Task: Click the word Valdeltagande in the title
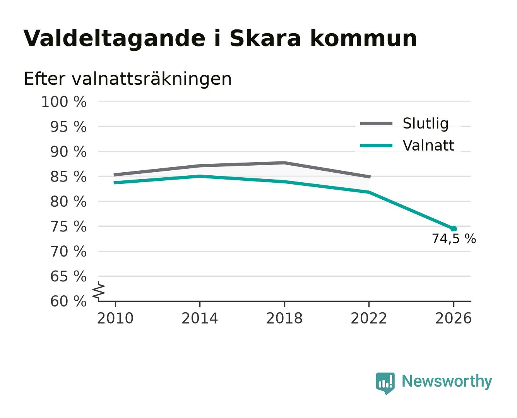click(114, 39)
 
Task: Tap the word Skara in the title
click(265, 38)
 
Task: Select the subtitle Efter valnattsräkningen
click(128, 79)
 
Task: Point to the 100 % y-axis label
click(64, 102)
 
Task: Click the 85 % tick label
click(68, 176)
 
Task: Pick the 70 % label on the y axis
click(68, 251)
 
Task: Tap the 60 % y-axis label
click(68, 301)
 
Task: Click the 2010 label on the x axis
click(115, 318)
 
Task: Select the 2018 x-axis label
click(284, 318)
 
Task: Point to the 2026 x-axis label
click(453, 318)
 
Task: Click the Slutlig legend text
click(426, 123)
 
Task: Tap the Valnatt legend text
click(428, 146)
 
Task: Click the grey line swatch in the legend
click(376, 123)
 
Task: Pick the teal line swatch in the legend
click(376, 146)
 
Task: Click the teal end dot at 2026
click(454, 229)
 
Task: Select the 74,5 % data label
click(454, 239)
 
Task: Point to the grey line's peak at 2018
click(284, 163)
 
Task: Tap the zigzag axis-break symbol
click(99, 291)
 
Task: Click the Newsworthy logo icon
click(385, 383)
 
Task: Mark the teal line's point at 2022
click(369, 192)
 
